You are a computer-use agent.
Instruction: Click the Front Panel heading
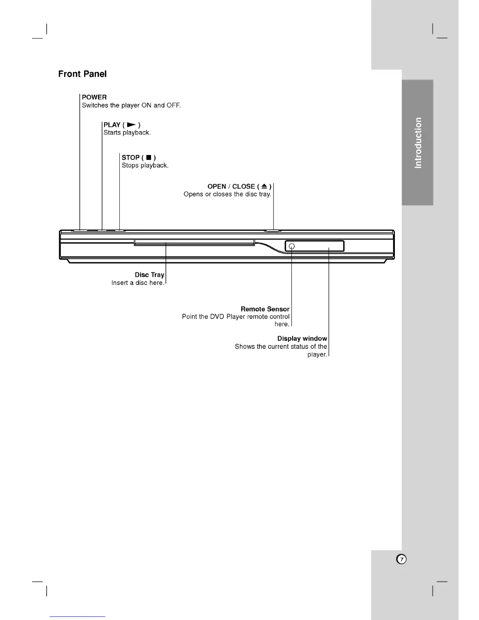(82, 74)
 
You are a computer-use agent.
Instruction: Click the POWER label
(94, 97)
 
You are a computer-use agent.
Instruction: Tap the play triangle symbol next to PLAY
(131, 125)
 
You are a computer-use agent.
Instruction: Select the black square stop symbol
(149, 158)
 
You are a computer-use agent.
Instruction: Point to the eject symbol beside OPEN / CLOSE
(264, 186)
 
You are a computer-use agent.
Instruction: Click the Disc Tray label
(149, 275)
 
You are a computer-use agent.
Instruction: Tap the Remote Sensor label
(265, 309)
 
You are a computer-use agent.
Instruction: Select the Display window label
(302, 339)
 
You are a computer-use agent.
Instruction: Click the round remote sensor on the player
(291, 246)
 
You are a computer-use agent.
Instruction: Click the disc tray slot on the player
(194, 243)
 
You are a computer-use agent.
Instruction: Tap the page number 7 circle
(401, 559)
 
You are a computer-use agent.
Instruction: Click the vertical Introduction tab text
(418, 143)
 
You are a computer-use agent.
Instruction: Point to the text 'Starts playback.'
(127, 133)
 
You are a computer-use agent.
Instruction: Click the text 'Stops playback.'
(145, 166)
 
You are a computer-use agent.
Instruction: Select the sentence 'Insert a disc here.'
(138, 283)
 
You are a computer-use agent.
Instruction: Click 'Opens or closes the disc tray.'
(227, 194)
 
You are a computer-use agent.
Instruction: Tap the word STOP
(130, 157)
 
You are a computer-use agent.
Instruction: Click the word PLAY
(112, 125)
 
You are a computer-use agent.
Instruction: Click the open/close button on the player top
(272, 231)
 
